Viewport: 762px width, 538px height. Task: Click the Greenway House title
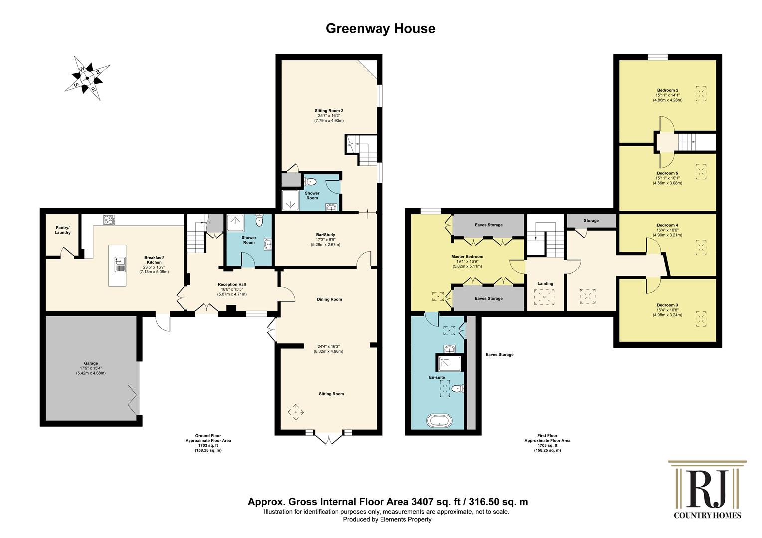click(381, 28)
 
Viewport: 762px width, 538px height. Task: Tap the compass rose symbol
click(87, 78)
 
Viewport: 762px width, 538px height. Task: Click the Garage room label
click(91, 363)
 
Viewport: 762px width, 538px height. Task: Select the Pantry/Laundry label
click(63, 230)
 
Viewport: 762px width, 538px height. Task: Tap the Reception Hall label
click(232, 285)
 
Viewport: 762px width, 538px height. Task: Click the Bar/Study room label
click(325, 235)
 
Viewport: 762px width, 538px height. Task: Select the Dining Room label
click(329, 299)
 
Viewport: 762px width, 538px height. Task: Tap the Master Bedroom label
click(467, 256)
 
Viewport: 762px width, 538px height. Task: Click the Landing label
click(545, 284)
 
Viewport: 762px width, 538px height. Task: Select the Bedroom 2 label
click(667, 90)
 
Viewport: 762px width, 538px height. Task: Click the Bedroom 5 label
click(667, 173)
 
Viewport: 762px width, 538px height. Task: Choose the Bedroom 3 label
click(667, 305)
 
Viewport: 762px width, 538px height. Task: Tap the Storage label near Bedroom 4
click(591, 221)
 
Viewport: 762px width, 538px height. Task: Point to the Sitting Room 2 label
click(329, 111)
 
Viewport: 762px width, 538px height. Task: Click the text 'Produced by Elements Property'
click(387, 519)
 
